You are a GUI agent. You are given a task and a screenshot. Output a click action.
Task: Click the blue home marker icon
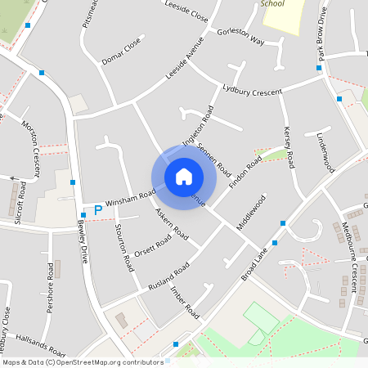[184, 176]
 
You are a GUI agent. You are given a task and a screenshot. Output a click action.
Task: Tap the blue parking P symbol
[98, 210]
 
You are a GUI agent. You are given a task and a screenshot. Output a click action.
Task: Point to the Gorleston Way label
[241, 36]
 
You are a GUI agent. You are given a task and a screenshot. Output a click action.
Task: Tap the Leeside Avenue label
[183, 59]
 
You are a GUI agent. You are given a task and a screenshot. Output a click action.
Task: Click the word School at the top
[272, 3]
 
